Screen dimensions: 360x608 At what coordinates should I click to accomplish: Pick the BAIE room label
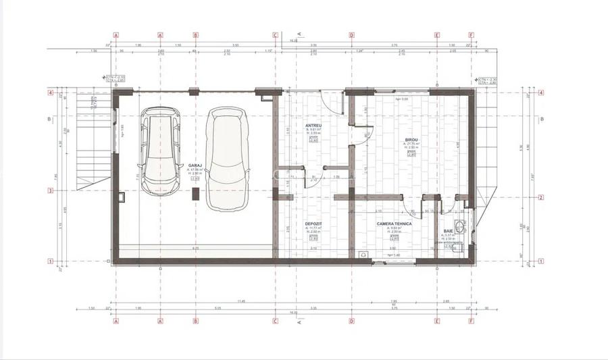pyautogui.click(x=448, y=230)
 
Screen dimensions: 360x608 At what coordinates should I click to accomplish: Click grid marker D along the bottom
pyautogui.click(x=351, y=322)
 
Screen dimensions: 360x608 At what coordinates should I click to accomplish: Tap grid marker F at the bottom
pyautogui.click(x=471, y=322)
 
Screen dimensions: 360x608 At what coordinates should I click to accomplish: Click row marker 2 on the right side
pyautogui.click(x=542, y=198)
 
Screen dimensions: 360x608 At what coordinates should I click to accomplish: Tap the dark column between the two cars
pyautogui.click(x=195, y=194)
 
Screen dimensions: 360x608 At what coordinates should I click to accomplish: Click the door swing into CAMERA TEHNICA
pyautogui.click(x=413, y=207)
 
